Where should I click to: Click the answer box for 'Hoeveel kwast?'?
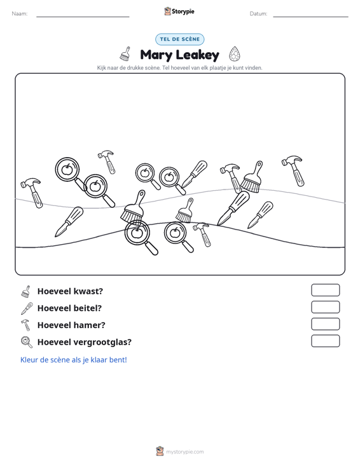[325, 290]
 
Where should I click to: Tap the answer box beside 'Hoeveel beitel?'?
[325, 307]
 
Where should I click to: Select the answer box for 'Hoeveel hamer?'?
[325, 324]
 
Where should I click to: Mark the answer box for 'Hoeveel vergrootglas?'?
[325, 341]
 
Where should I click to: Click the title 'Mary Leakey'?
[179, 55]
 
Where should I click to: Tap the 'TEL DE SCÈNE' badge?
[179, 39]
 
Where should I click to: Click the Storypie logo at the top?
[179, 11]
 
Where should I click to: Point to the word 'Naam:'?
[20, 14]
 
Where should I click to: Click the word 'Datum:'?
[258, 14]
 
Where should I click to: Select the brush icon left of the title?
[125, 54]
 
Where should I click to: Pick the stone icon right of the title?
[235, 54]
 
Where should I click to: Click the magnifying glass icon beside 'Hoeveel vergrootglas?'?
[27, 342]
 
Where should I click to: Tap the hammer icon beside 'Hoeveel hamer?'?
[26, 325]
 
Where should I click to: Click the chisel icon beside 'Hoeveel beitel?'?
[27, 308]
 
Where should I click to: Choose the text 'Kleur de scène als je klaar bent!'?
[73, 360]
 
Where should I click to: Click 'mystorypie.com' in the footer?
[185, 452]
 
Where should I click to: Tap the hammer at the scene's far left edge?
[32, 192]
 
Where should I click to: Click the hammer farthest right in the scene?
[293, 170]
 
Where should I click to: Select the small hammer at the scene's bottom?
[202, 235]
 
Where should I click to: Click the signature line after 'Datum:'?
[310, 17]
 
